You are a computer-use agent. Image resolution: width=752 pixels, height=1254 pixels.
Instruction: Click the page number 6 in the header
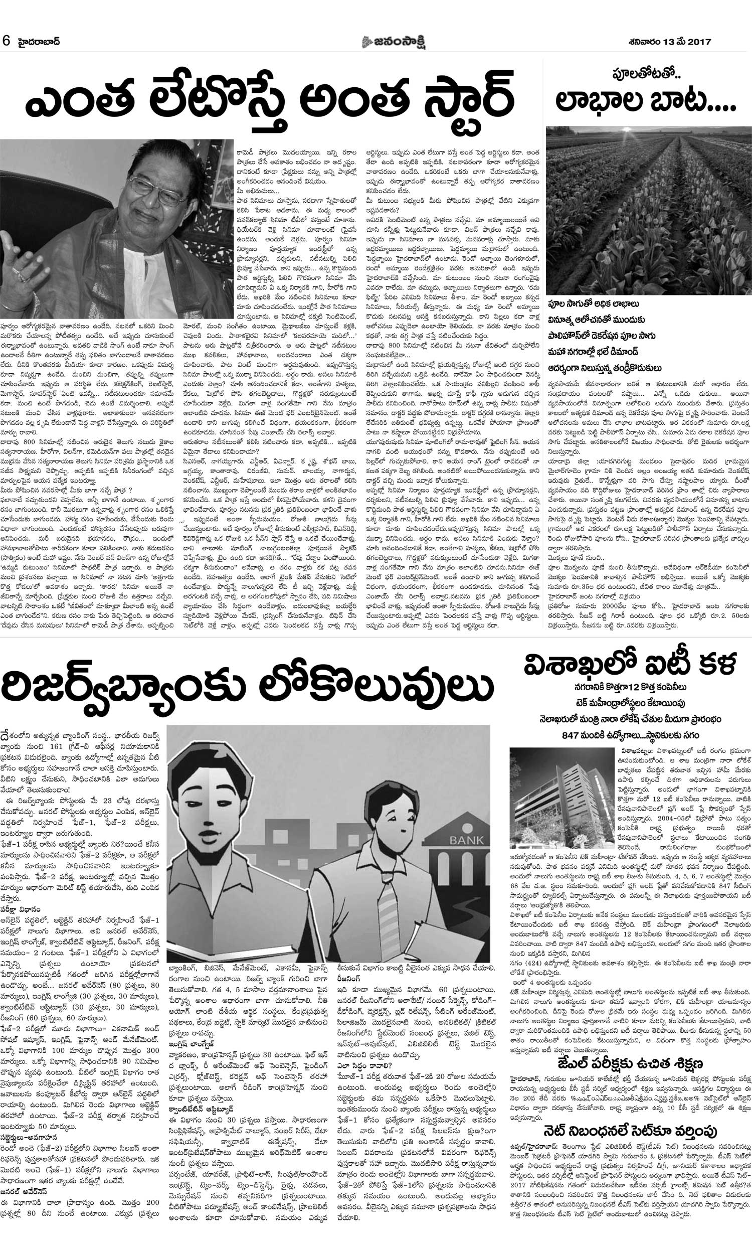[x=7, y=42]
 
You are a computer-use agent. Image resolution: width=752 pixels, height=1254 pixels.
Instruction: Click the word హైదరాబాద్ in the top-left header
[x=38, y=42]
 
